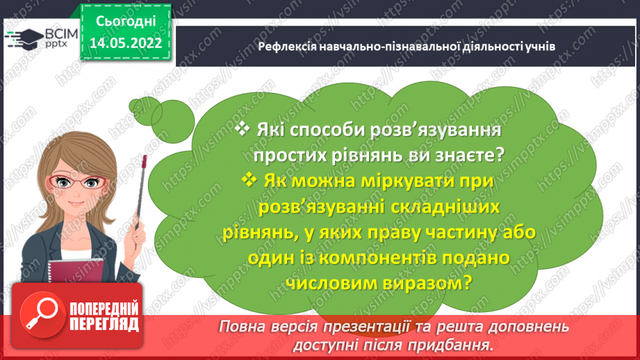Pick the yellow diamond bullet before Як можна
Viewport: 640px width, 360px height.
(249, 179)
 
